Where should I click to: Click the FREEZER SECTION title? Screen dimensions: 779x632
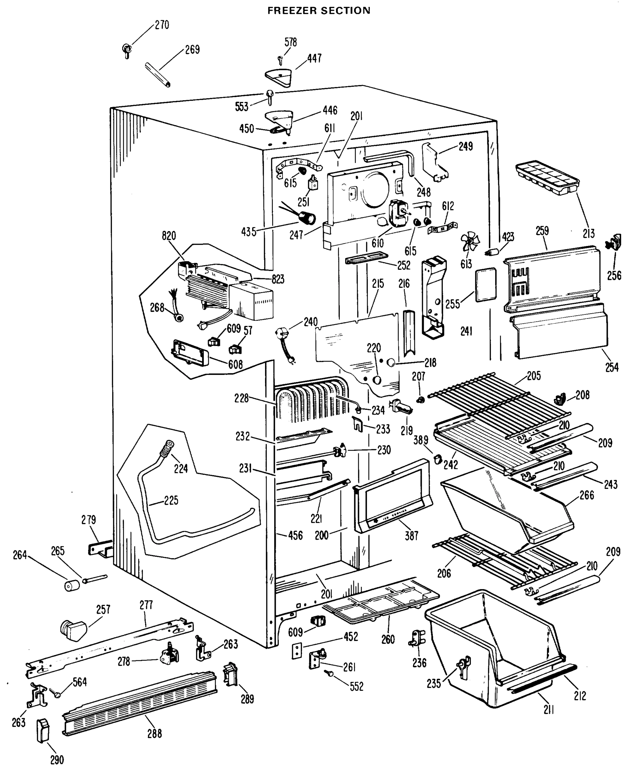[319, 11]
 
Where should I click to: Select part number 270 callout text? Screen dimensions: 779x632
[162, 25]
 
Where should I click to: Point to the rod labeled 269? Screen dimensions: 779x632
[158, 75]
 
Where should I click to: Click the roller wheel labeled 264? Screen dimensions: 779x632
[72, 586]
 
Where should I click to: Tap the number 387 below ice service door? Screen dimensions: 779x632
[412, 535]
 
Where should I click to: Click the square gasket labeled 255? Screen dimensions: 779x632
[486, 285]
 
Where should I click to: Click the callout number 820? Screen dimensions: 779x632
[169, 236]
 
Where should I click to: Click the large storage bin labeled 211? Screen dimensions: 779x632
[495, 652]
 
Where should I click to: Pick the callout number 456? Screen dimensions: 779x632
[295, 535]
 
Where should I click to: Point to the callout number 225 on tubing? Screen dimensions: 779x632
[171, 501]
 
